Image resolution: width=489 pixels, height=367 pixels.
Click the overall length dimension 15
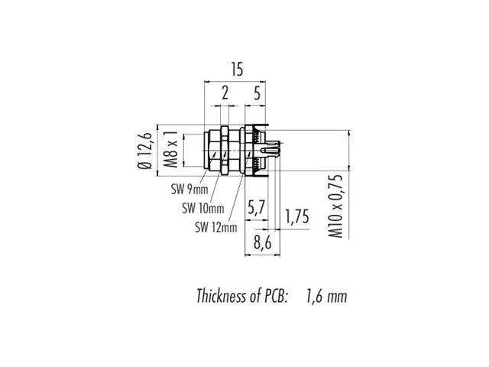click(x=237, y=70)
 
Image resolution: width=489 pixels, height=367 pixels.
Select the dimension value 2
click(x=225, y=93)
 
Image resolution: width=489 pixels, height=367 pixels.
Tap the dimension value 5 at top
click(x=257, y=93)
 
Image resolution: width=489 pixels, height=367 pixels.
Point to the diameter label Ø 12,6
click(x=144, y=151)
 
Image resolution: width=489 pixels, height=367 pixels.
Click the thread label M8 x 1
click(x=171, y=149)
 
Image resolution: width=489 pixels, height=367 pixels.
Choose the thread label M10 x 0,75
click(x=335, y=206)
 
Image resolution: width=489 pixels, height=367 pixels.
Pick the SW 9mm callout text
click(x=189, y=189)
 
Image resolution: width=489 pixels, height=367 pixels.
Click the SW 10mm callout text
click(x=203, y=208)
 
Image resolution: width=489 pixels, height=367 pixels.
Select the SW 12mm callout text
click(x=215, y=227)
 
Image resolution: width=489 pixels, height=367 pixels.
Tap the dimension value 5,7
click(x=257, y=207)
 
